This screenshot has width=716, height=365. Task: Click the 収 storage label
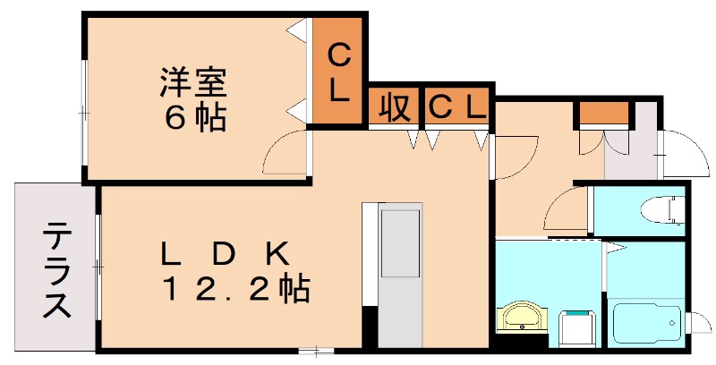tap(394, 107)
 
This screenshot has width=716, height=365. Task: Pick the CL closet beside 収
tap(456, 107)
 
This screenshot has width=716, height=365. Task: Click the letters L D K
tap(225, 255)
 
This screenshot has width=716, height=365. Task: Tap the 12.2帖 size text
tap(235, 288)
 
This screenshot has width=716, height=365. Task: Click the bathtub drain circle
tap(673, 323)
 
